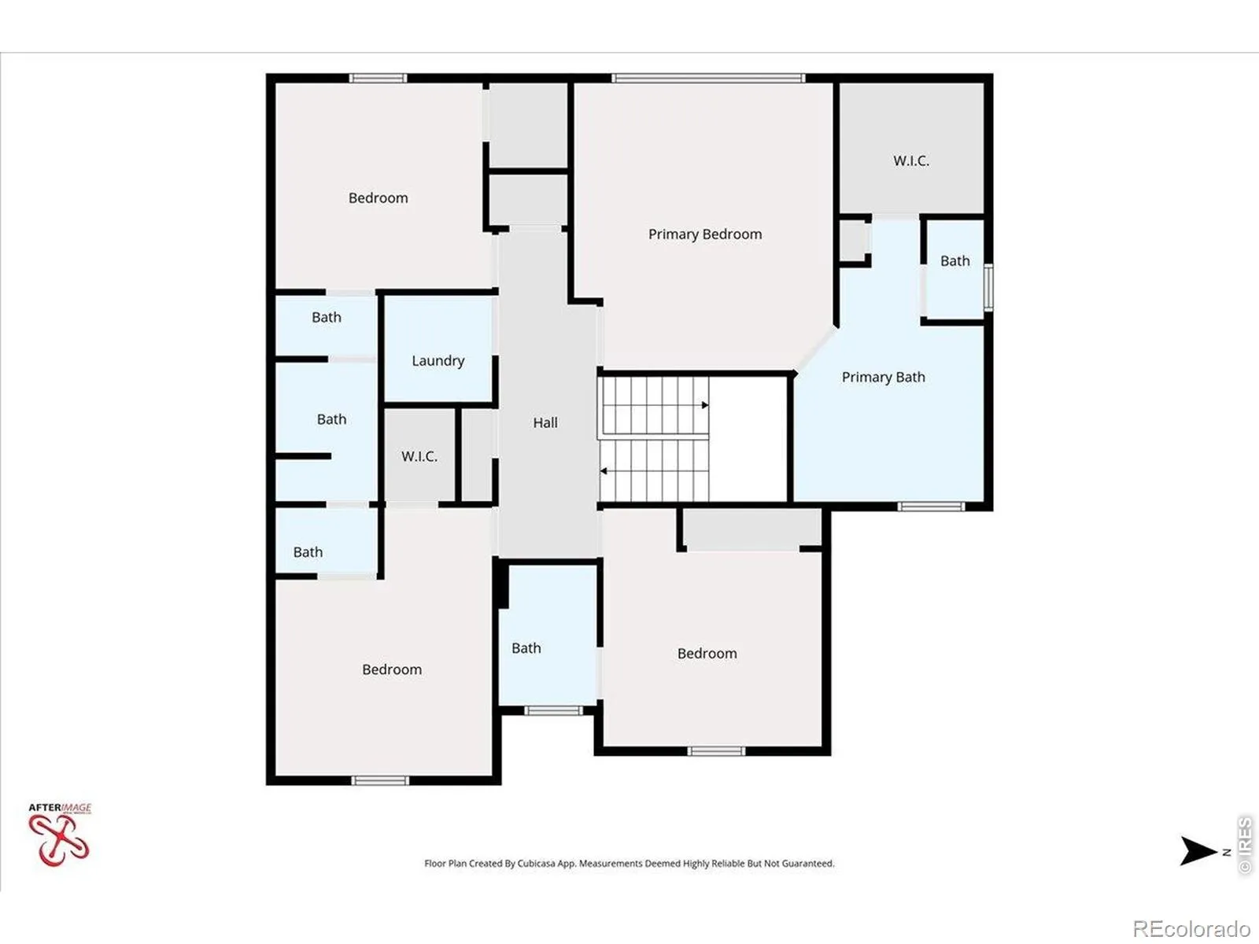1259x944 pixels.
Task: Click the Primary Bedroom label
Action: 705,234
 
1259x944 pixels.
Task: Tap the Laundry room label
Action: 438,360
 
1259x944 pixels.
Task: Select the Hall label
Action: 545,422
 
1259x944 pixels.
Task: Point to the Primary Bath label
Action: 884,377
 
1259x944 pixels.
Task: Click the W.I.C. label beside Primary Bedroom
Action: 911,160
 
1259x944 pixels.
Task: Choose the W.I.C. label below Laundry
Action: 419,456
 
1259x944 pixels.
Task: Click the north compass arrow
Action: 1197,851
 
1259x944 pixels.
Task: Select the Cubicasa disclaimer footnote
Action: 629,863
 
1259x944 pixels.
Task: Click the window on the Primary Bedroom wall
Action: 707,78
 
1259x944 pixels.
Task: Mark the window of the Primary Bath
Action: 931,506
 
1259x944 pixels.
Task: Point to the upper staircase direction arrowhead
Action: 706,405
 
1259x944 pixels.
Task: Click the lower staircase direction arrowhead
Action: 604,471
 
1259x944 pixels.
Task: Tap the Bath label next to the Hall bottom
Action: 526,648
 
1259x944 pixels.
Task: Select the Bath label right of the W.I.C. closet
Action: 955,261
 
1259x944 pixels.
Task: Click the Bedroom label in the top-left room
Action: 378,197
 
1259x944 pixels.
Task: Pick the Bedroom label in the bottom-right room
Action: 707,654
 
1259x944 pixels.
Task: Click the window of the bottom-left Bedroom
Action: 380,780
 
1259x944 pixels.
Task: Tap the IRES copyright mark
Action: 1245,845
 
